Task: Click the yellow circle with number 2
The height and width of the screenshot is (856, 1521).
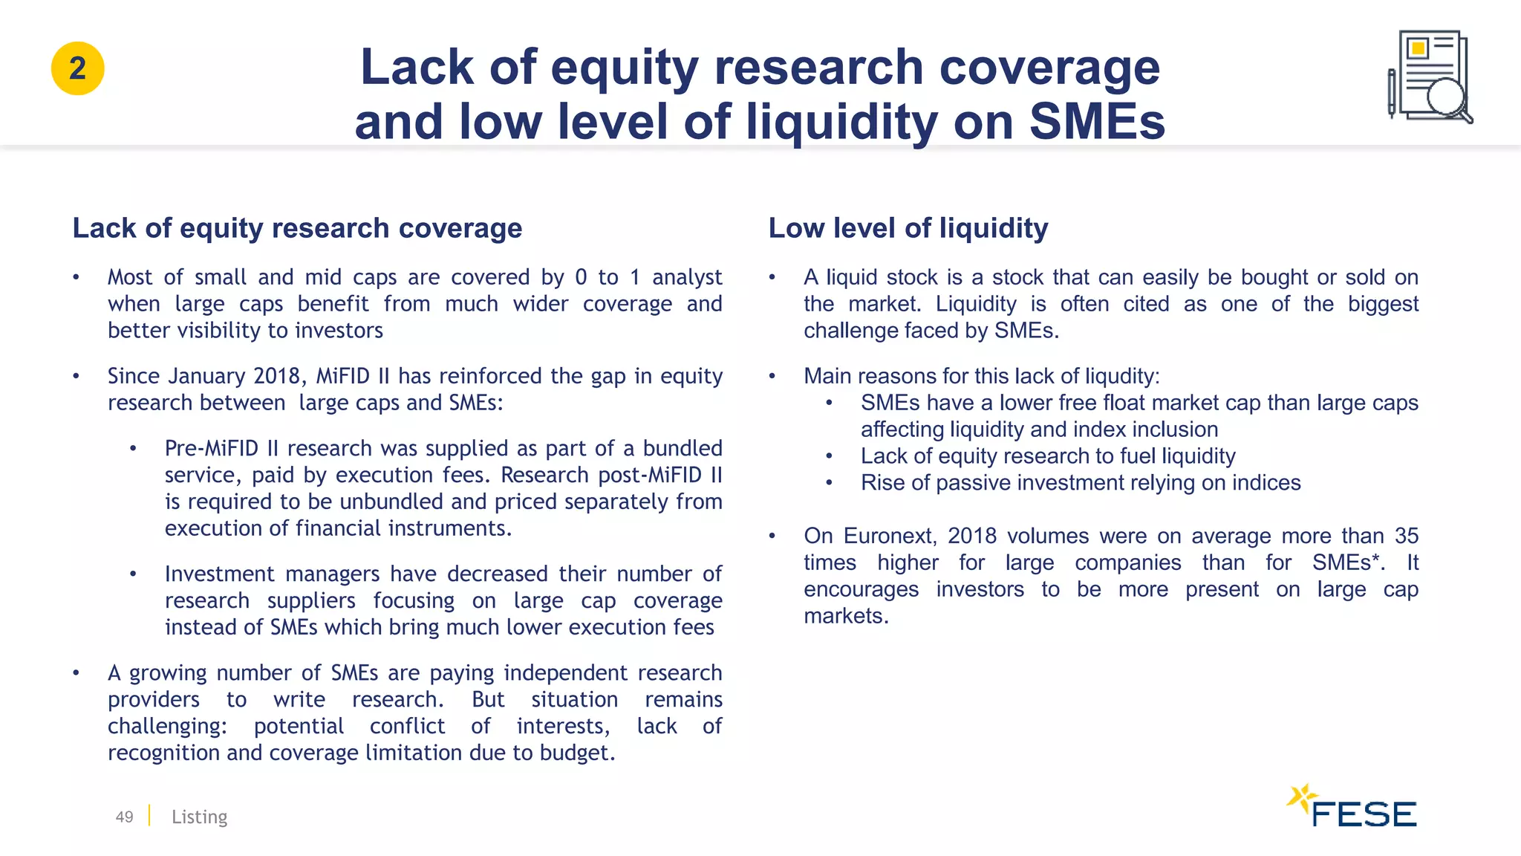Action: [77, 68]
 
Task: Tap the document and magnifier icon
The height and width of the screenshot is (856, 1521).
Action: [1430, 77]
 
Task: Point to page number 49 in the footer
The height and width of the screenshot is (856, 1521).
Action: [124, 817]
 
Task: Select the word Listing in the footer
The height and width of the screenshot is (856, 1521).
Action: [199, 817]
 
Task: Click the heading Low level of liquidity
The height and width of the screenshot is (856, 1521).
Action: [908, 228]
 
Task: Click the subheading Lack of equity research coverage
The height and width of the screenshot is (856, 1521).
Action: [297, 228]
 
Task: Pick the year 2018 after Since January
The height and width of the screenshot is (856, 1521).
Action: [278, 376]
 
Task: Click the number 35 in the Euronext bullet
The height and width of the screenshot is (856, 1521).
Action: [1406, 536]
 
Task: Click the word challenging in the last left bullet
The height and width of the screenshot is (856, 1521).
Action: [167, 726]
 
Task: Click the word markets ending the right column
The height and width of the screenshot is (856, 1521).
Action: [845, 616]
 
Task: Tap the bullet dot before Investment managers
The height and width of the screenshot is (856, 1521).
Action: [133, 574]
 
